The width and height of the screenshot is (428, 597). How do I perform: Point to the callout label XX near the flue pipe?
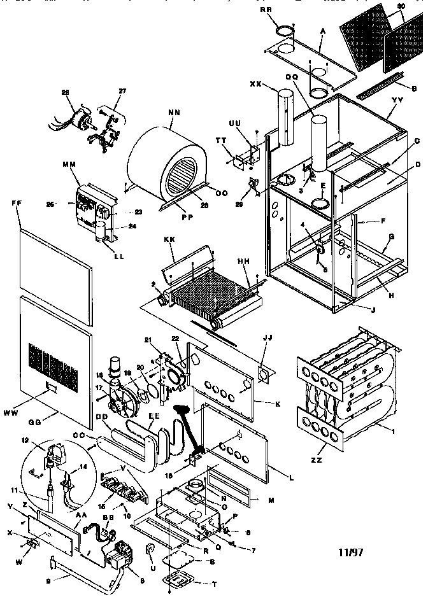coord(257,84)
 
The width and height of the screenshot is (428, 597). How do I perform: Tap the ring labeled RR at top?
coord(287,30)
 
